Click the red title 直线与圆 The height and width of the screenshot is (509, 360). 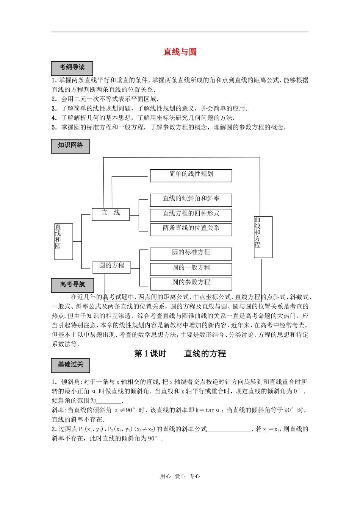coord(180,52)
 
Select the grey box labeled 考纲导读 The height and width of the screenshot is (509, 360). coord(72,68)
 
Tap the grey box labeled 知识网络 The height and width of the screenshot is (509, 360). coord(70,146)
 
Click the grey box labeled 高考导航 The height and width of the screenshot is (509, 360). coord(72,285)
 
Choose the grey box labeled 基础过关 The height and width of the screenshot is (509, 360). coord(70,365)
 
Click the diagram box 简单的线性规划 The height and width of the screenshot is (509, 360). coord(191,175)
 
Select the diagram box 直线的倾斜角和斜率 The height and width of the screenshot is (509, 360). coord(191,200)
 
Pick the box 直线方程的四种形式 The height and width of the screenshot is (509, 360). coord(191,215)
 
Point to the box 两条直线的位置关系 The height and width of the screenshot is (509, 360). coord(191,230)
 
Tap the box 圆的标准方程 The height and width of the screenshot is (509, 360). coord(191,254)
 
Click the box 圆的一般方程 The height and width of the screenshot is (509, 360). coord(191,269)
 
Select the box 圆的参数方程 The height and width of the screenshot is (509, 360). coord(191,284)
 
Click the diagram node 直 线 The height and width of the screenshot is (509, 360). coord(111,214)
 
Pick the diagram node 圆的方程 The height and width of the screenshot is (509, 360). coord(111,267)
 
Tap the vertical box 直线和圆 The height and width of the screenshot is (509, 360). coord(64,241)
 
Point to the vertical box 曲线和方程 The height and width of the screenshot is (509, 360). coord(263,237)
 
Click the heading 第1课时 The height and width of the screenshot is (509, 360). coord(150,354)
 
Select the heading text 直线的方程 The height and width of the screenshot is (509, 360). coord(205,354)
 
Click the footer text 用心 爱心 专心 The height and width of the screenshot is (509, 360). coord(180,476)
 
